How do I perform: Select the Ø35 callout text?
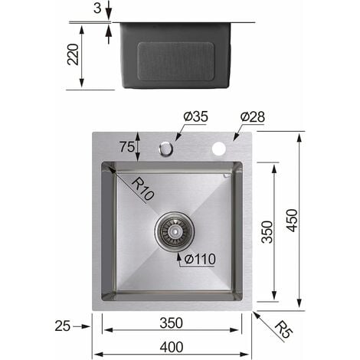pos(195,116)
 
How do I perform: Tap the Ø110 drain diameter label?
pos(198,258)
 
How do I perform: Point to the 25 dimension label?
pos(64,326)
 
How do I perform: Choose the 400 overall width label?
pos(172,346)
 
